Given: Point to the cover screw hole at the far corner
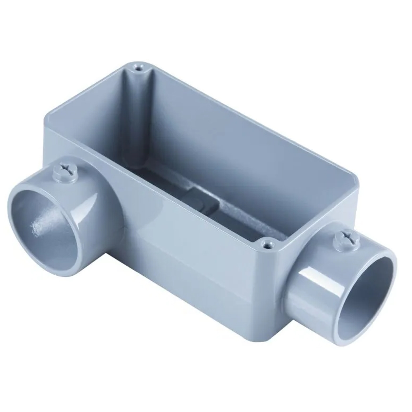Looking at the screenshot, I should tap(139, 68).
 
